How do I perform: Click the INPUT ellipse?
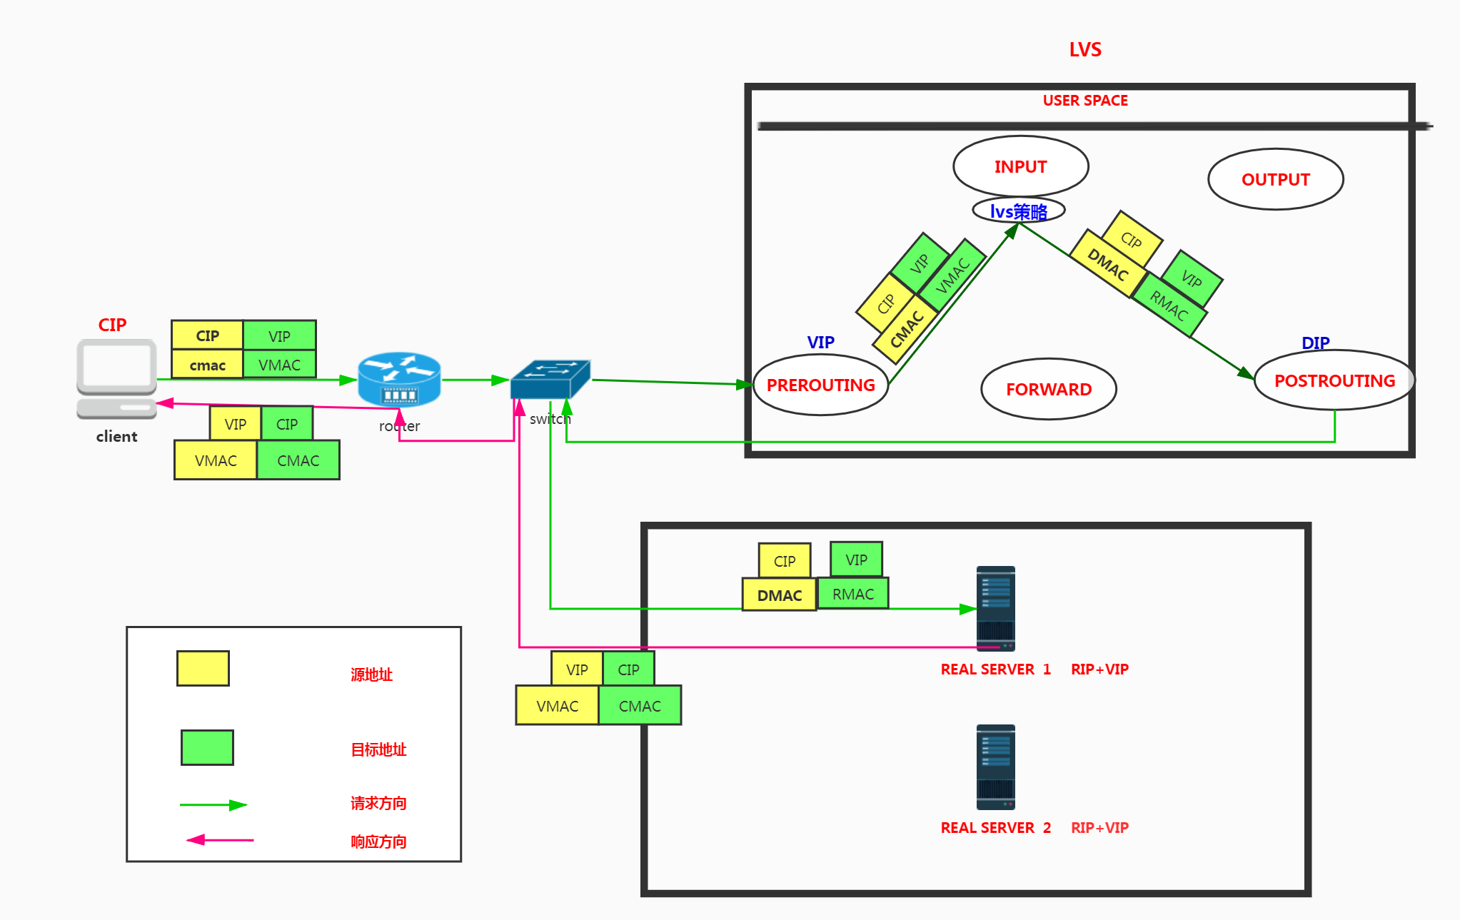point(1020,166)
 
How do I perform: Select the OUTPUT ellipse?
point(1275,179)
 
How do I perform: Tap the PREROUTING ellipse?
point(820,385)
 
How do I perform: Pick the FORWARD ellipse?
point(1048,389)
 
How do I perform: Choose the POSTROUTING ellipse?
point(1334,380)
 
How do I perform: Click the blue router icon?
point(399,378)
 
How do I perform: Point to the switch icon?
point(550,378)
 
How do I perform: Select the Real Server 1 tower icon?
point(995,608)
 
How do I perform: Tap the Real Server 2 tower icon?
point(995,767)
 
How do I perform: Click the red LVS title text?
point(1084,50)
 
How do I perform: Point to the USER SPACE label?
point(1084,101)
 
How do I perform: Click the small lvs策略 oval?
point(1018,211)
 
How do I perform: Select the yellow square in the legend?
point(203,668)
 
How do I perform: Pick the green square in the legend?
point(207,747)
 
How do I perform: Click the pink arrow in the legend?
point(219,840)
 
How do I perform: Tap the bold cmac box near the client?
point(207,365)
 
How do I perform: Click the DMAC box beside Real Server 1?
point(779,595)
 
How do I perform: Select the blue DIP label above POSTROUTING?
point(1315,343)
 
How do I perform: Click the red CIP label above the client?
point(112,325)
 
